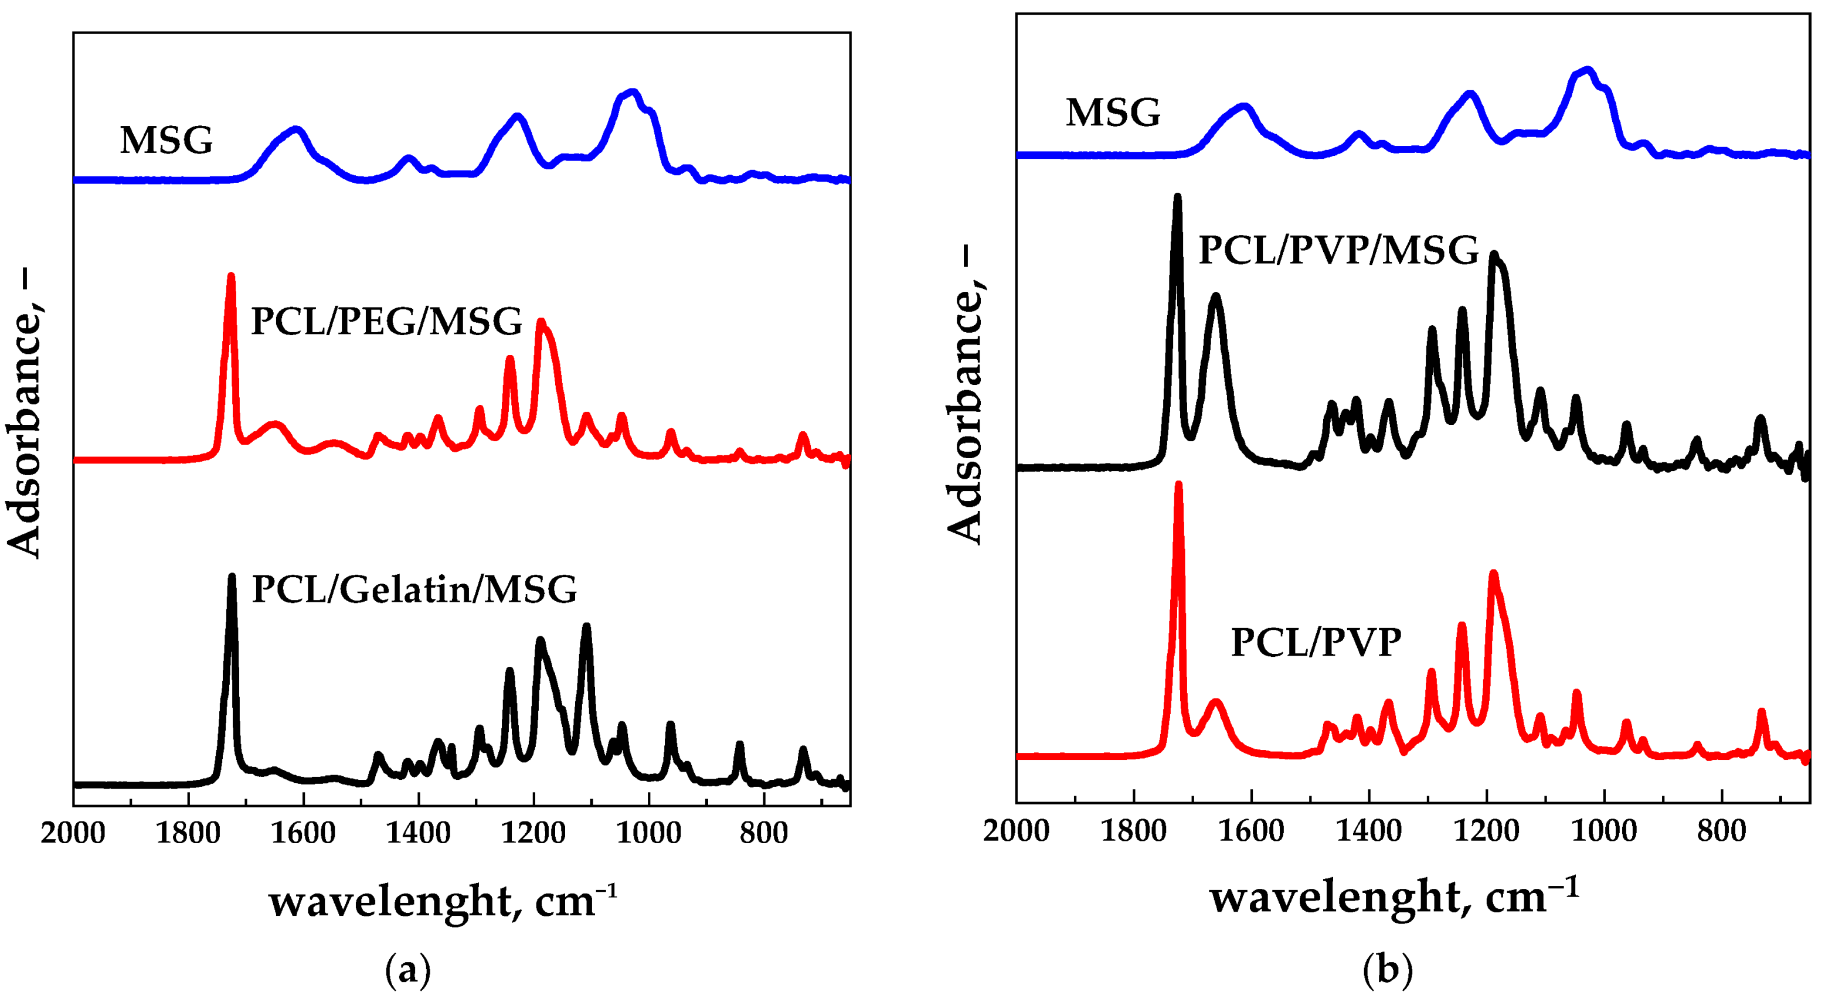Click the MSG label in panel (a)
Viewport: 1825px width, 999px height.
(x=166, y=140)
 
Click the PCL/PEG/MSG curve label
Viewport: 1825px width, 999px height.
(x=386, y=322)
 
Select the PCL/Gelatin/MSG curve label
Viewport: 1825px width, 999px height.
(x=414, y=589)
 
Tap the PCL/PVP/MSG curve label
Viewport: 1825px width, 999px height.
(x=1338, y=250)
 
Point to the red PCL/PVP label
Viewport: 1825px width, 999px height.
(x=1316, y=643)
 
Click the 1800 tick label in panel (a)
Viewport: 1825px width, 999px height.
(x=188, y=833)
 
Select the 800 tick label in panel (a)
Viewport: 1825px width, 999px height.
(x=763, y=833)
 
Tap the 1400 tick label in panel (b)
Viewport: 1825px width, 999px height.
(x=1368, y=830)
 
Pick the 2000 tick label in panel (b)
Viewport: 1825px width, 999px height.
(x=1016, y=830)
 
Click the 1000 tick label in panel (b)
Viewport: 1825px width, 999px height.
(x=1603, y=830)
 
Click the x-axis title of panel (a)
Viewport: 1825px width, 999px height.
(x=443, y=902)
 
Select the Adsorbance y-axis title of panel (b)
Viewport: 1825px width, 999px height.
(x=966, y=397)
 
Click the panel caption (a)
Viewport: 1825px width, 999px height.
(x=408, y=970)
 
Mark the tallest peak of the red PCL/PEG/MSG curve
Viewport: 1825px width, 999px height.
(x=231, y=276)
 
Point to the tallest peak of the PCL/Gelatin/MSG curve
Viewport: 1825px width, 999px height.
(x=232, y=577)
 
